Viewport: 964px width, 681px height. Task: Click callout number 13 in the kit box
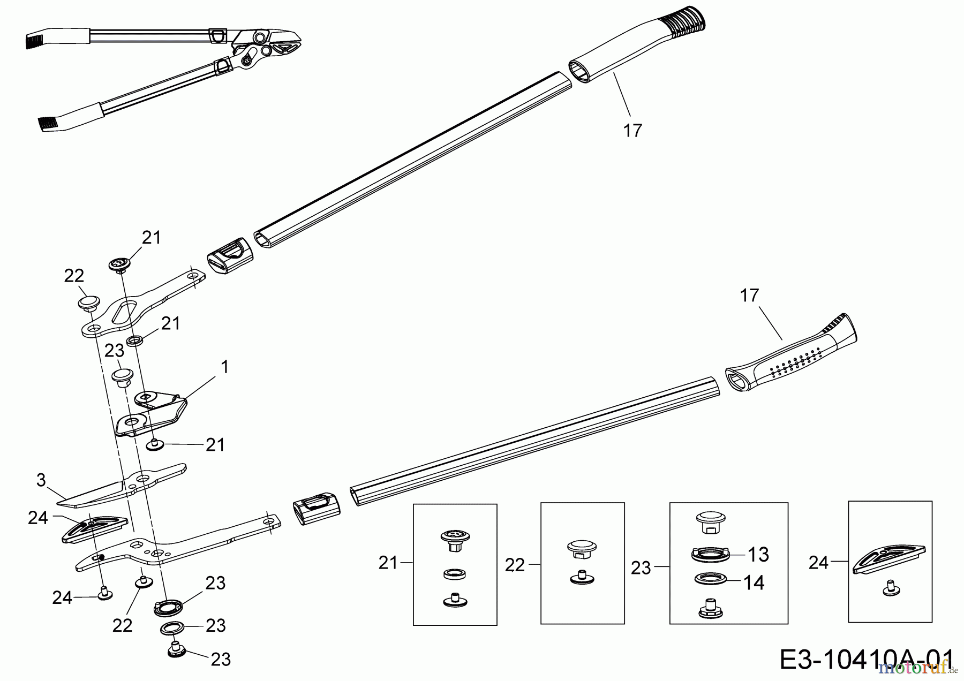pyautogui.click(x=758, y=555)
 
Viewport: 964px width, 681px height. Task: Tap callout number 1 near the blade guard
pyautogui.click(x=225, y=367)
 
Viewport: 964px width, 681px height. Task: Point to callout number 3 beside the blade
pyautogui.click(x=41, y=480)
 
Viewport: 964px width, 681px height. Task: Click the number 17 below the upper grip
pyautogui.click(x=632, y=130)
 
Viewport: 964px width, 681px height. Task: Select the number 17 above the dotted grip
pyautogui.click(x=750, y=295)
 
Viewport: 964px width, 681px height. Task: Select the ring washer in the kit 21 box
pyautogui.click(x=454, y=574)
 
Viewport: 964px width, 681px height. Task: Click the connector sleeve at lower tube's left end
pyautogui.click(x=317, y=505)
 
